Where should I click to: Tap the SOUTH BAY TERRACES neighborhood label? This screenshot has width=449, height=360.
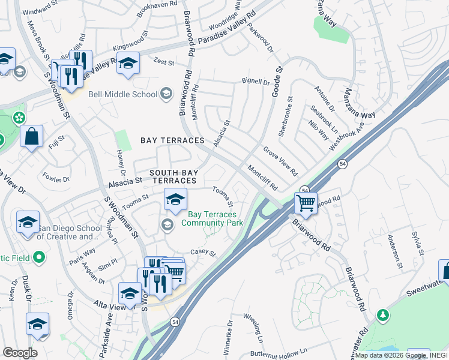tap(173, 176)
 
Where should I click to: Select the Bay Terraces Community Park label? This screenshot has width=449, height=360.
tap(212, 218)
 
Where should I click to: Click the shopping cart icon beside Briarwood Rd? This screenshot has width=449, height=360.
tap(306, 203)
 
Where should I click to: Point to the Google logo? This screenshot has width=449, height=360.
tap(20, 353)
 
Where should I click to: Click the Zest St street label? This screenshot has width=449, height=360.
tap(163, 62)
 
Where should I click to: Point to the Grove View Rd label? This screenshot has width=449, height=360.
tap(280, 160)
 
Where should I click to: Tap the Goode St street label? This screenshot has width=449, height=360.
tap(279, 78)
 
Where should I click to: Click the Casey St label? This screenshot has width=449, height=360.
tap(202, 253)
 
